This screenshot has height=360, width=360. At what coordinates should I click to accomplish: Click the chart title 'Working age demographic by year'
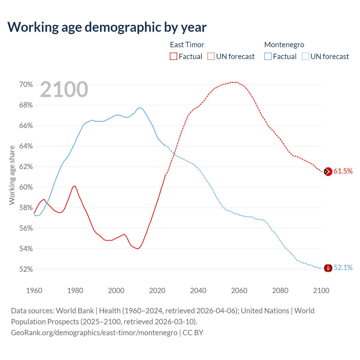(x=107, y=27)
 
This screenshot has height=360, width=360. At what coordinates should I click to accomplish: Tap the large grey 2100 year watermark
(x=64, y=89)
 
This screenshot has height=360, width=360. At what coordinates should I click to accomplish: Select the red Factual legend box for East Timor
(x=174, y=57)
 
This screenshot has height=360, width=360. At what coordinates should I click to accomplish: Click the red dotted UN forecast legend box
(x=211, y=57)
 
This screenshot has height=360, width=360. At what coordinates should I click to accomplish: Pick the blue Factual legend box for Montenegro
(x=268, y=57)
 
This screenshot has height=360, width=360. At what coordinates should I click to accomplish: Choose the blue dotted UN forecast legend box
(x=305, y=57)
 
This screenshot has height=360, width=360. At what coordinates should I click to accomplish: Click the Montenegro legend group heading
(x=284, y=45)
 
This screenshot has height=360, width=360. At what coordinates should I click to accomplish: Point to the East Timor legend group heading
(x=187, y=45)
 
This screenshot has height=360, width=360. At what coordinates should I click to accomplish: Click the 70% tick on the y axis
(x=26, y=85)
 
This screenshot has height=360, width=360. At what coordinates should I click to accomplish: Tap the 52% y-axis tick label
(x=26, y=269)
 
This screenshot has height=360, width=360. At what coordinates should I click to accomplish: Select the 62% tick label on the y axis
(x=26, y=167)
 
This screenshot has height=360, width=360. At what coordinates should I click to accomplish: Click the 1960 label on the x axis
(x=34, y=291)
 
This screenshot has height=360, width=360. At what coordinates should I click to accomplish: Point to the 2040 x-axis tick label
(x=198, y=291)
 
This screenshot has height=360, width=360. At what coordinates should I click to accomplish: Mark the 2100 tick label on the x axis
(x=321, y=291)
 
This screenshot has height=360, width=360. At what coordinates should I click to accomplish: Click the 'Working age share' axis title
(x=12, y=175)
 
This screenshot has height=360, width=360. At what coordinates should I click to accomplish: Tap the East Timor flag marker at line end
(x=328, y=172)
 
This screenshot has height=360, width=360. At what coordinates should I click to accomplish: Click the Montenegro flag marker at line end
(x=328, y=268)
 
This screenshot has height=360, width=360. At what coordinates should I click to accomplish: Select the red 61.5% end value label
(x=343, y=171)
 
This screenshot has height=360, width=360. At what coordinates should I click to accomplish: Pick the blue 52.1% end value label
(x=343, y=268)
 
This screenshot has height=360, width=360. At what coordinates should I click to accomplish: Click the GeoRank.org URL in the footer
(x=94, y=333)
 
